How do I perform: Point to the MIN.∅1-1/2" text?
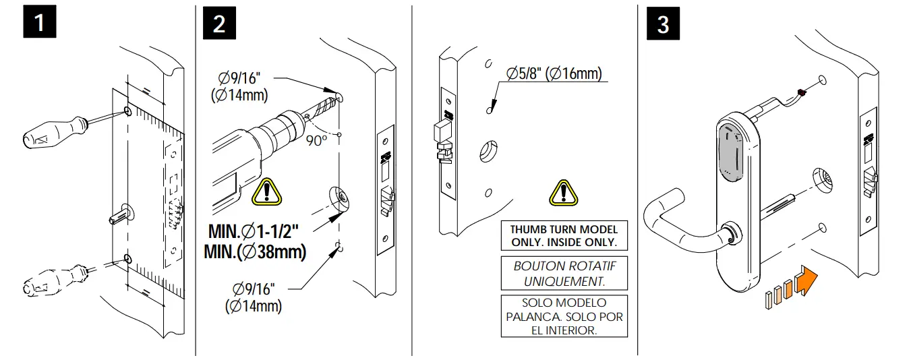[x=253, y=231]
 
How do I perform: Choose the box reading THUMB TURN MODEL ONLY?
[x=564, y=236]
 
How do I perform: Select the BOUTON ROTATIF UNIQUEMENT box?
[x=564, y=272]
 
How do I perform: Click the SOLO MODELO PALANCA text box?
[x=564, y=316]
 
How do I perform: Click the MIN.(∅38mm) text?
[x=254, y=252]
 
